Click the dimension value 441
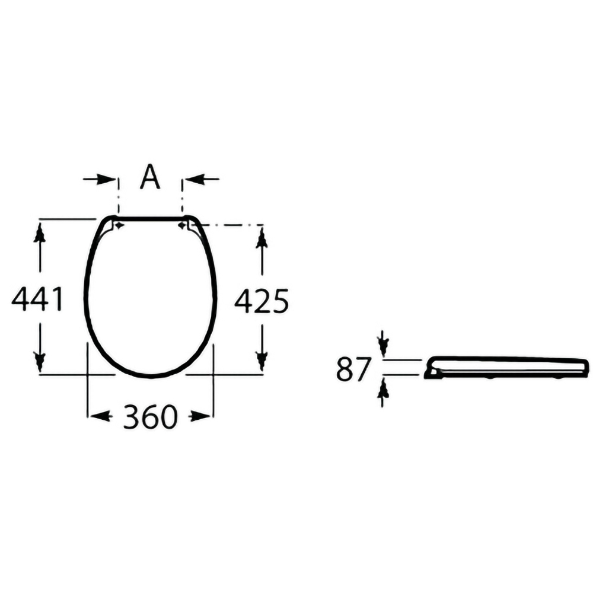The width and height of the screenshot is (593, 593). tap(37, 299)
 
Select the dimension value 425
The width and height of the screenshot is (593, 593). tap(262, 301)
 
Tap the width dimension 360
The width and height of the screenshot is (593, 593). tap(150, 417)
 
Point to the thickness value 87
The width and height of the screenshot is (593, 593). tap(352, 369)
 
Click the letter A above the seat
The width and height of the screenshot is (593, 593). tap(150, 176)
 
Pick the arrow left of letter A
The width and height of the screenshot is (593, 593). tap(99, 179)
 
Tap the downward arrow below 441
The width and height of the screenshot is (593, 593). tap(39, 348)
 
